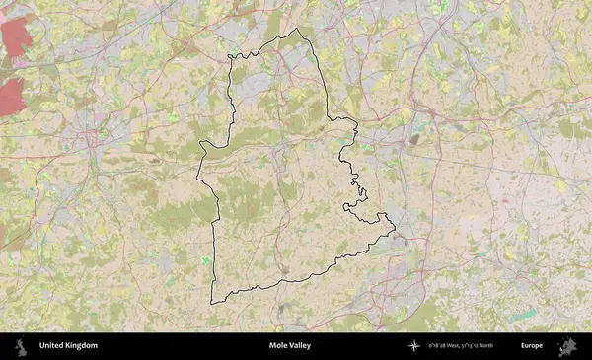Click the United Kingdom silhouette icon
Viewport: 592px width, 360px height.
coord(19,346)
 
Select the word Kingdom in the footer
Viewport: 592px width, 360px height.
coord(83,346)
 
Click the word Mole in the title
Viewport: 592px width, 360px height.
coord(279,346)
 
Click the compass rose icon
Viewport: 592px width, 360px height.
coord(413,346)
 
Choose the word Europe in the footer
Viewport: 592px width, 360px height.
coord(532,346)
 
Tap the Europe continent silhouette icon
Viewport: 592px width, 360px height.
coord(567,346)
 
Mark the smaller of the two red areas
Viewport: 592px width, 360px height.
coord(11,96)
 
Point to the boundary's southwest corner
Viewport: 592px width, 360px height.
coord(212,302)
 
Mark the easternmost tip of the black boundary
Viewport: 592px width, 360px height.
coord(394,231)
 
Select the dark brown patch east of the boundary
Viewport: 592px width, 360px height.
coord(413,139)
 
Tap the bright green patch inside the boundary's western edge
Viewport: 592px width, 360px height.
coord(205,259)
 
